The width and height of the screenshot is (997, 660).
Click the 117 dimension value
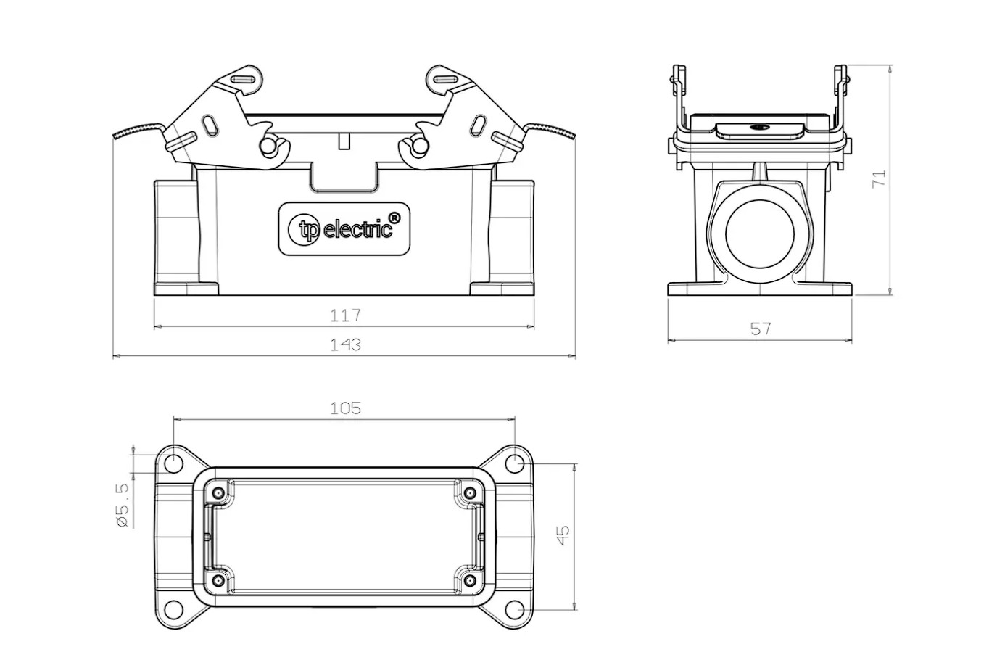(x=345, y=315)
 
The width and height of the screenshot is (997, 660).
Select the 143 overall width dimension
(x=345, y=345)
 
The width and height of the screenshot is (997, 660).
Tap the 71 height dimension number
(x=879, y=178)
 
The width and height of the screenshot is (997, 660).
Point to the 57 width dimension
(x=761, y=329)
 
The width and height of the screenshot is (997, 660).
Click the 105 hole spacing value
(x=345, y=408)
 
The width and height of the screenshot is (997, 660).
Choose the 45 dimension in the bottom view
(x=563, y=535)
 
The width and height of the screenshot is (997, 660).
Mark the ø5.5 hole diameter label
(x=123, y=505)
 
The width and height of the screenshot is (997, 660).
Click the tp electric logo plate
(x=344, y=229)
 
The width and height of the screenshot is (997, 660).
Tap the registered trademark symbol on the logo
(x=394, y=218)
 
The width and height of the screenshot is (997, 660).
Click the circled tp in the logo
(x=305, y=230)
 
